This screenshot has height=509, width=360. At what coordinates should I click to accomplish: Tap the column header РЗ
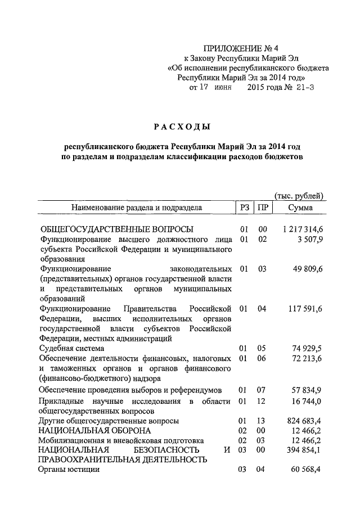pos(244,208)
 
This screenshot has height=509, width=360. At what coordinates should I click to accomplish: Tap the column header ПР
pos(262,208)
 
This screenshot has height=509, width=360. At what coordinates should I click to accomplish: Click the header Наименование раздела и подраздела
pos(136,208)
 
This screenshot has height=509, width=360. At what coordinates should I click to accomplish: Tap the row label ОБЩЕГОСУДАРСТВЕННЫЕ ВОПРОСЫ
pos(116,229)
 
